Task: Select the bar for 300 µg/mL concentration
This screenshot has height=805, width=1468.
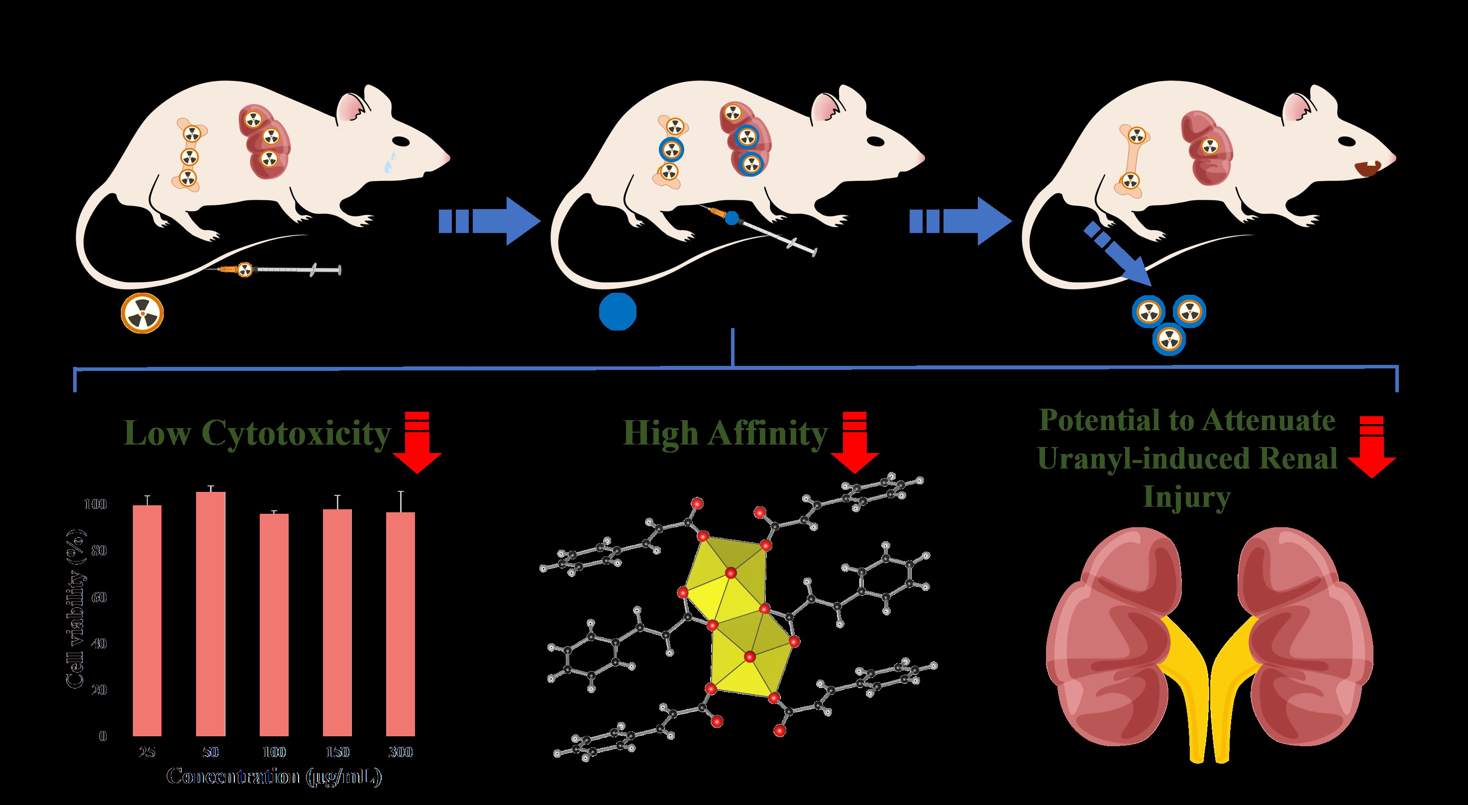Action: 401,624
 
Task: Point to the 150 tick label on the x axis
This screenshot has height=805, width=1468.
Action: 337,752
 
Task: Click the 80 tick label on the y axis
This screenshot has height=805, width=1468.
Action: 99,551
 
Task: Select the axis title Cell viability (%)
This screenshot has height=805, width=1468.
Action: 76,609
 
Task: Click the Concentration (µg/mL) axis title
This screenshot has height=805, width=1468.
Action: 274,777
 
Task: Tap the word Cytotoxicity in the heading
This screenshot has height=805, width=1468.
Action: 296,435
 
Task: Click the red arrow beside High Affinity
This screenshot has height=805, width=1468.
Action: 854,443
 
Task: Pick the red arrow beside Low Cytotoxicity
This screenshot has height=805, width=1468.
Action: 418,443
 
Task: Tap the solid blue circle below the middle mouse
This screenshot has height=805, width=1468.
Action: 618,311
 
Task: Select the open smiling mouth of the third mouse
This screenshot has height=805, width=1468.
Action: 1366,169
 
